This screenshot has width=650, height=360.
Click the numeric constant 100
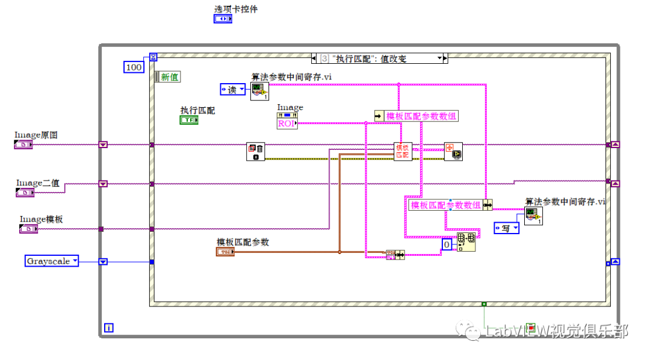[x=134, y=67]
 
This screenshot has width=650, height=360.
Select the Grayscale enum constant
[x=52, y=261]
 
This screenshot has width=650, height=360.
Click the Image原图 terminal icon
[x=23, y=144]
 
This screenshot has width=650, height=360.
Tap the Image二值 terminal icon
[x=25, y=193]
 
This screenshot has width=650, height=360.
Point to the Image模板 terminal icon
[x=28, y=228]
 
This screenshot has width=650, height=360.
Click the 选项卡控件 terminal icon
[x=223, y=19]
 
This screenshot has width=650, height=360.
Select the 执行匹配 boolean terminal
[x=189, y=120]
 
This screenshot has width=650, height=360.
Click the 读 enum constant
[x=232, y=90]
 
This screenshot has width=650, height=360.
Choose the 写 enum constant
[x=506, y=228]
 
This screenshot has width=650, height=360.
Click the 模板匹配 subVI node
[x=403, y=151]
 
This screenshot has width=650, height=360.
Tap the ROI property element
[x=287, y=123]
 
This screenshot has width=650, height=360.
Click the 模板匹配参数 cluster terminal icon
[x=224, y=251]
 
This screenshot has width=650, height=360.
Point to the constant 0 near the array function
[x=447, y=245]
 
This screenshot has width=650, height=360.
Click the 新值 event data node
[x=168, y=77]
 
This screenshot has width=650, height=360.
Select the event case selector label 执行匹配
[x=380, y=58]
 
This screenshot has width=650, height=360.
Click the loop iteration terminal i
[x=109, y=327]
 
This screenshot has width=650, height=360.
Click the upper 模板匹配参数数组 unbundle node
[x=416, y=116]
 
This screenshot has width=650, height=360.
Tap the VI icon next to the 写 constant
[x=533, y=216]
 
